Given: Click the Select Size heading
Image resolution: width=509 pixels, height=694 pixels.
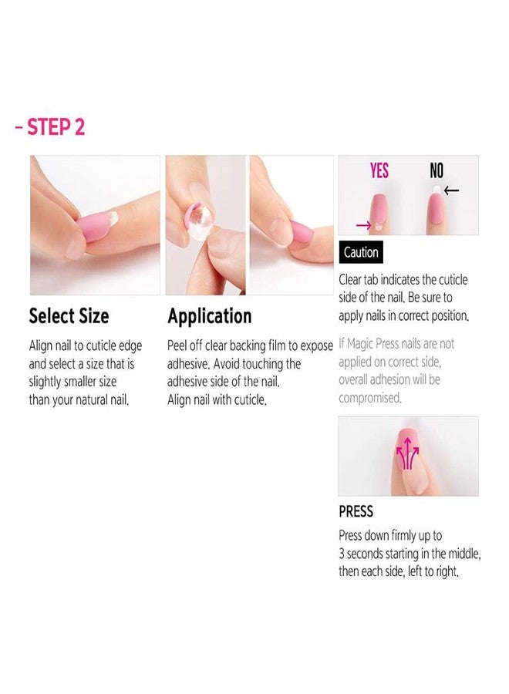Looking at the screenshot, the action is coord(69,316).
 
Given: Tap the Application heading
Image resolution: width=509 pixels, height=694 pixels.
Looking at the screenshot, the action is coord(209,316).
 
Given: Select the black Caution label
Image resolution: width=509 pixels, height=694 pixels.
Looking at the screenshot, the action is coord(361,252).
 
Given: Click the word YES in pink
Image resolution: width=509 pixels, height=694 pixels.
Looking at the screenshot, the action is coord(379,170).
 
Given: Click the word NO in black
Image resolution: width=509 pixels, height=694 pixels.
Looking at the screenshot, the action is coord(437,170).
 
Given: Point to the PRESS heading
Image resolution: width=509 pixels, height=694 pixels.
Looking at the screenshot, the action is coord(356,512).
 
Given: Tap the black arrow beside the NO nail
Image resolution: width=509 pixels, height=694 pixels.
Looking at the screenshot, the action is coord(451,190).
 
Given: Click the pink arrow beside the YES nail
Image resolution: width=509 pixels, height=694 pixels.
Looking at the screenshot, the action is coord(364,226).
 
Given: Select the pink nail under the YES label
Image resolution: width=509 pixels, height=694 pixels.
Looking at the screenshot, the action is coord(379,211).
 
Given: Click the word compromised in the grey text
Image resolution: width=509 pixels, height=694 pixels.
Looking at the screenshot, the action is coord(370,398).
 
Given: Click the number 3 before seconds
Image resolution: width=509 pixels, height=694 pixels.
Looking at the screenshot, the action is coord(342,554).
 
